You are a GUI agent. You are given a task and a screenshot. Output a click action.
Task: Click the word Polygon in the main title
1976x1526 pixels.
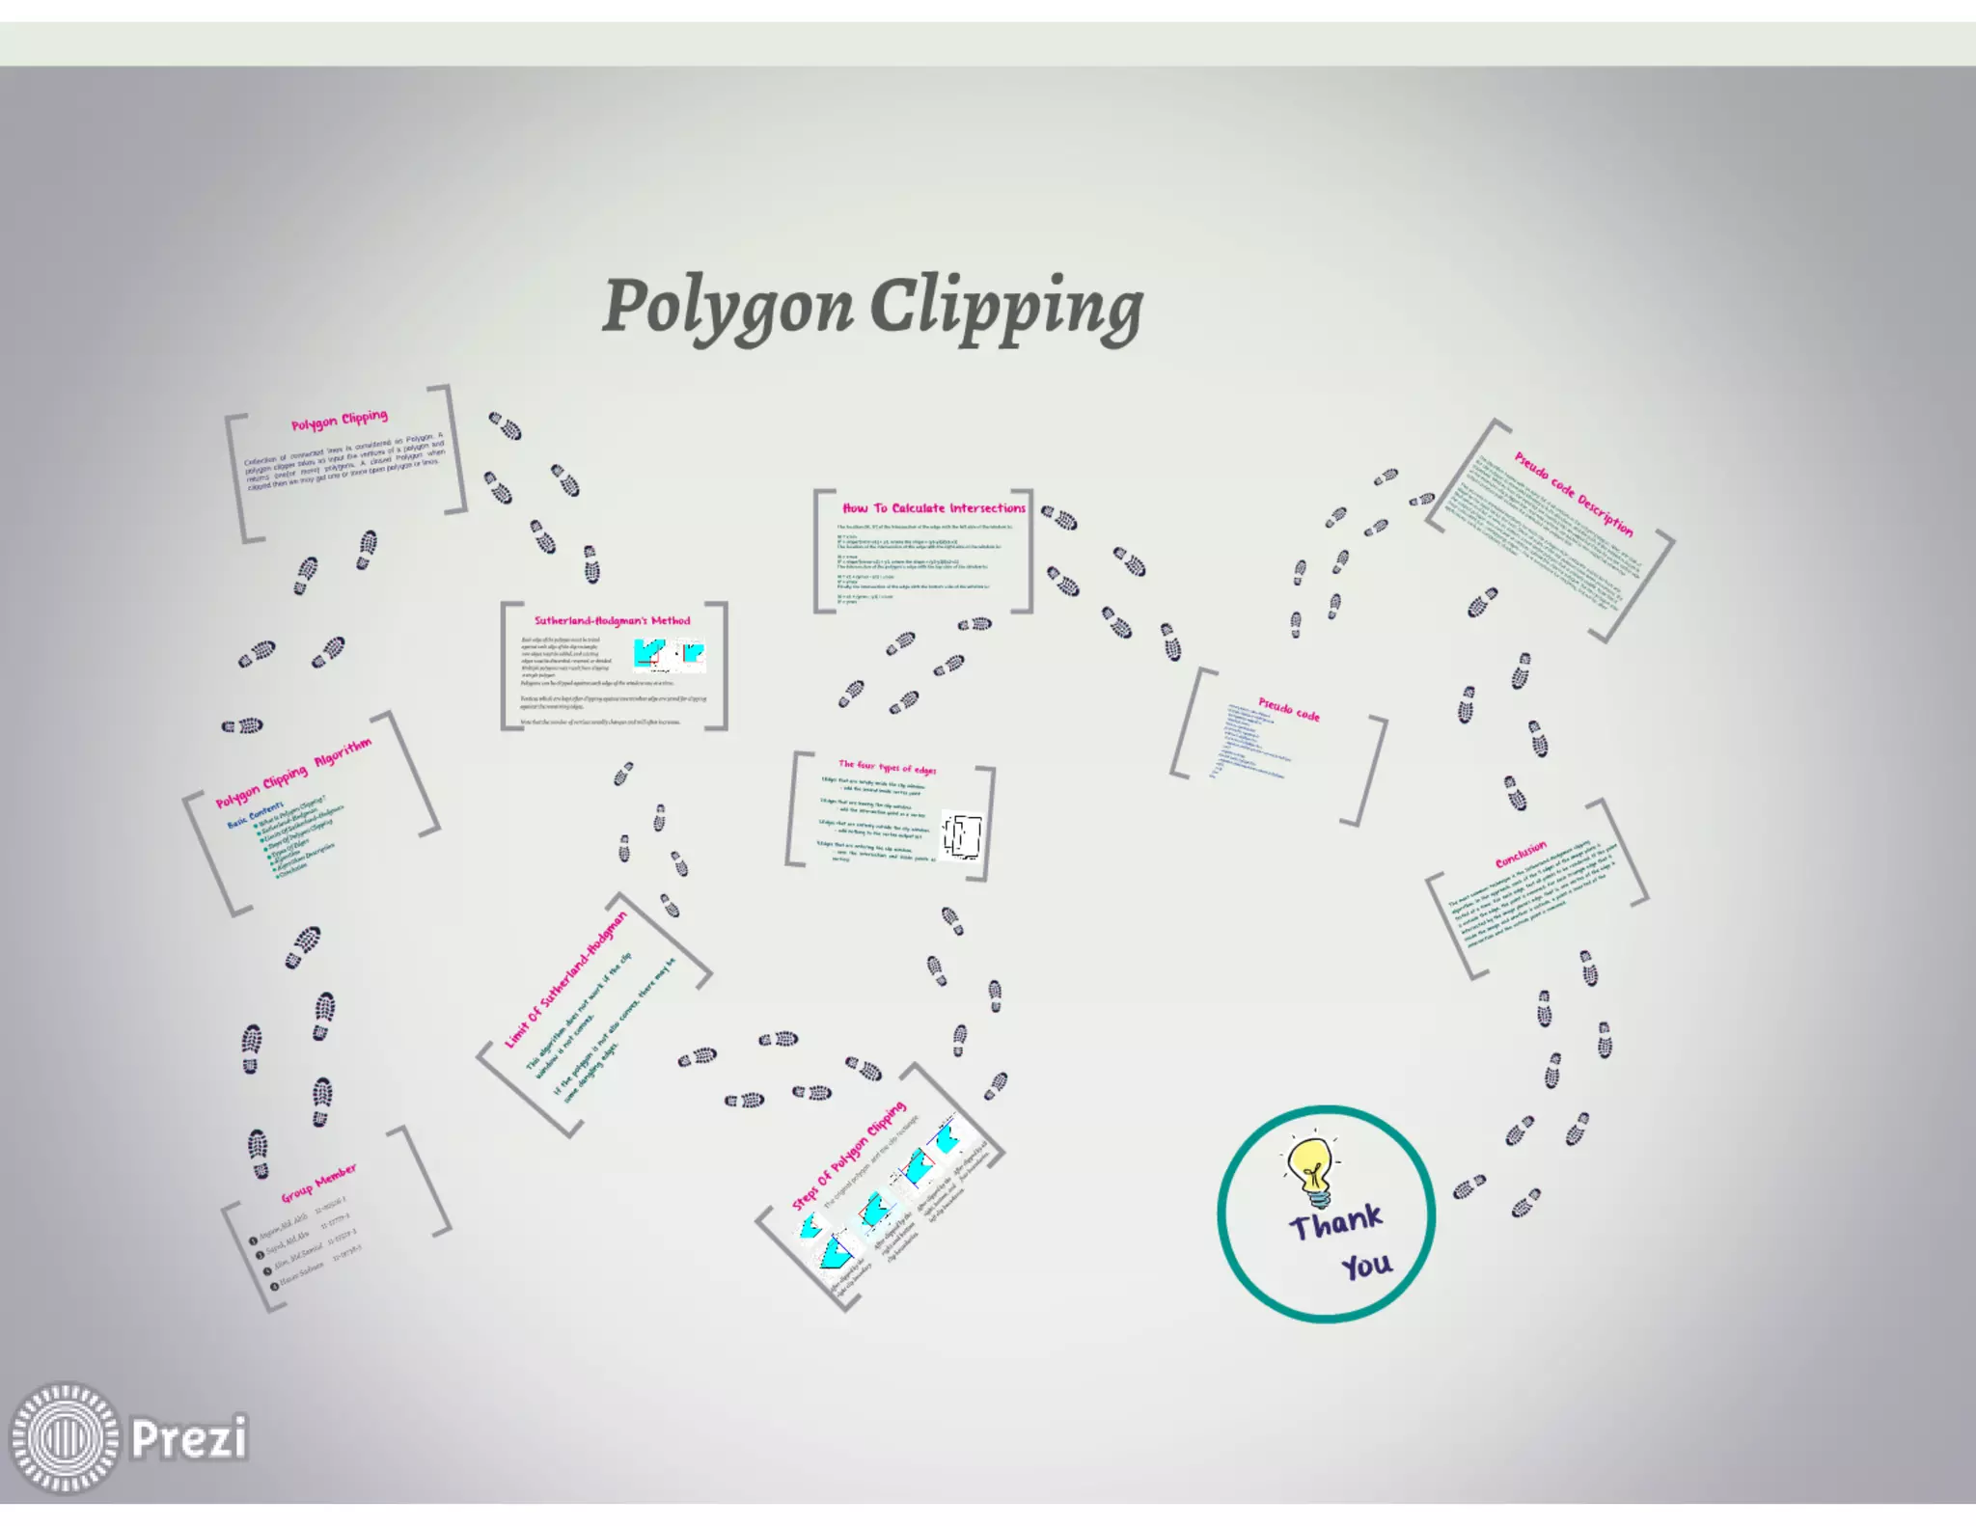tap(728, 307)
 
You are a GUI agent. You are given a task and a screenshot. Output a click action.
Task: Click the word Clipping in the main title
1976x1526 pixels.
tap(1006, 307)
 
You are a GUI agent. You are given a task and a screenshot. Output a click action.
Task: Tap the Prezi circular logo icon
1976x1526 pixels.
tap(65, 1437)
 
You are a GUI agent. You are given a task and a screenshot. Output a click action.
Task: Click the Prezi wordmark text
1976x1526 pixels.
tap(189, 1438)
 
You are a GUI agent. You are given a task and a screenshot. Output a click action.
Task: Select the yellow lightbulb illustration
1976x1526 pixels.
tap(1310, 1170)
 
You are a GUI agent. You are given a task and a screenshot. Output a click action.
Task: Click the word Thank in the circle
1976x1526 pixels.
tap(1335, 1222)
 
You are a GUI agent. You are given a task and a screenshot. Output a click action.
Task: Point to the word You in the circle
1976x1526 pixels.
tap(1366, 1265)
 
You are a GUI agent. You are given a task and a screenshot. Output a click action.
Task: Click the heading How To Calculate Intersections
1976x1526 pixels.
tap(933, 508)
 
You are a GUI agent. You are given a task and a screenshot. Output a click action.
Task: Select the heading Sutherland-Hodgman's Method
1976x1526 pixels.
tap(613, 620)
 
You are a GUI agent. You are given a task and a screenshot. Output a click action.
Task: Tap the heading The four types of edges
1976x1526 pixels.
tap(887, 767)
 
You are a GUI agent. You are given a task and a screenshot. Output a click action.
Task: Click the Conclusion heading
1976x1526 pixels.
tap(1520, 854)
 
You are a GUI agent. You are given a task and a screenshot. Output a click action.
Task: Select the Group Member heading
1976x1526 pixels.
tap(318, 1183)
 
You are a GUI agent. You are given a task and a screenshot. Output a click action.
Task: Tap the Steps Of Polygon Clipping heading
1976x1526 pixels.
tap(848, 1156)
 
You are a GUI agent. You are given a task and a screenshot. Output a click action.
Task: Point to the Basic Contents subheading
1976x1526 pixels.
tap(255, 815)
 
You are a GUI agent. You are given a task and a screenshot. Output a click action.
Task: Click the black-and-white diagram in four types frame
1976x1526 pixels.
tap(962, 835)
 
